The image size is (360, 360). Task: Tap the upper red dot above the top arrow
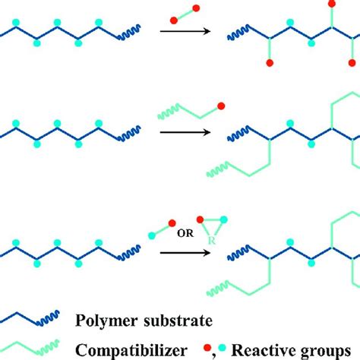pos(197,8)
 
